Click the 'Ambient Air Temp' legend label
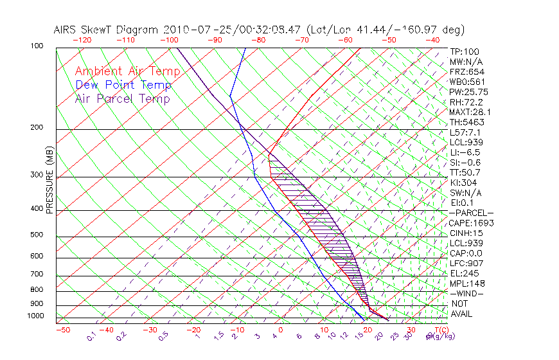(127, 71)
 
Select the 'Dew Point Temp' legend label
(123, 85)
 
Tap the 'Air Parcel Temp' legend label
(122, 98)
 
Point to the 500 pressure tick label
(36, 235)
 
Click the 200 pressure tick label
(36, 128)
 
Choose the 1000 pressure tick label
(35, 316)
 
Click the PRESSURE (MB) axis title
(49, 181)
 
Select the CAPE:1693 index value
(471, 223)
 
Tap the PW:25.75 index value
(468, 93)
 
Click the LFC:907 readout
(466, 264)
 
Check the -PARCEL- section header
(471, 213)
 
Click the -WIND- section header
(467, 293)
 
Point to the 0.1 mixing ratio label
(91, 336)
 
